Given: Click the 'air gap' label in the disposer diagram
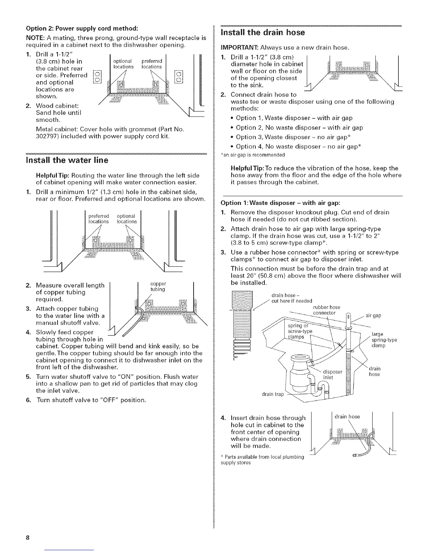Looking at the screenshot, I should pyautogui.click(x=373, y=316).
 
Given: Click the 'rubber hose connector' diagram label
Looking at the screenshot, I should pyautogui.click(x=324, y=310).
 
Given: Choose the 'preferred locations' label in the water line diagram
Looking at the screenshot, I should pyautogui.click(x=99, y=219).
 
